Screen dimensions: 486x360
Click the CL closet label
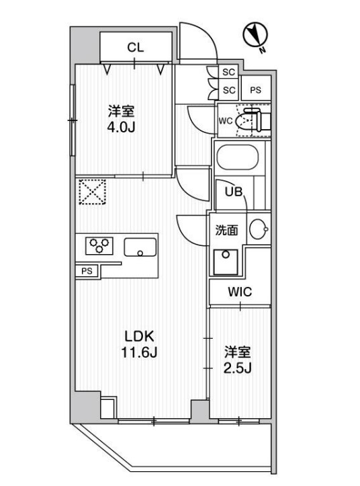[x=136, y=47]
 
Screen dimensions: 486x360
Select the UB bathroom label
[x=233, y=192]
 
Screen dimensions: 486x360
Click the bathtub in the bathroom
[x=236, y=159]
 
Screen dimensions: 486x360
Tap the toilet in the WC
[x=255, y=120]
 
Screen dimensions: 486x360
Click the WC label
[x=226, y=122]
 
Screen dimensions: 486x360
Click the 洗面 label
[x=226, y=230]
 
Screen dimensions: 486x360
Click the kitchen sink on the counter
[x=140, y=247]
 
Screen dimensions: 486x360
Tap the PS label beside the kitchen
[x=86, y=271]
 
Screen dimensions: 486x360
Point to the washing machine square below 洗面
[x=227, y=260]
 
